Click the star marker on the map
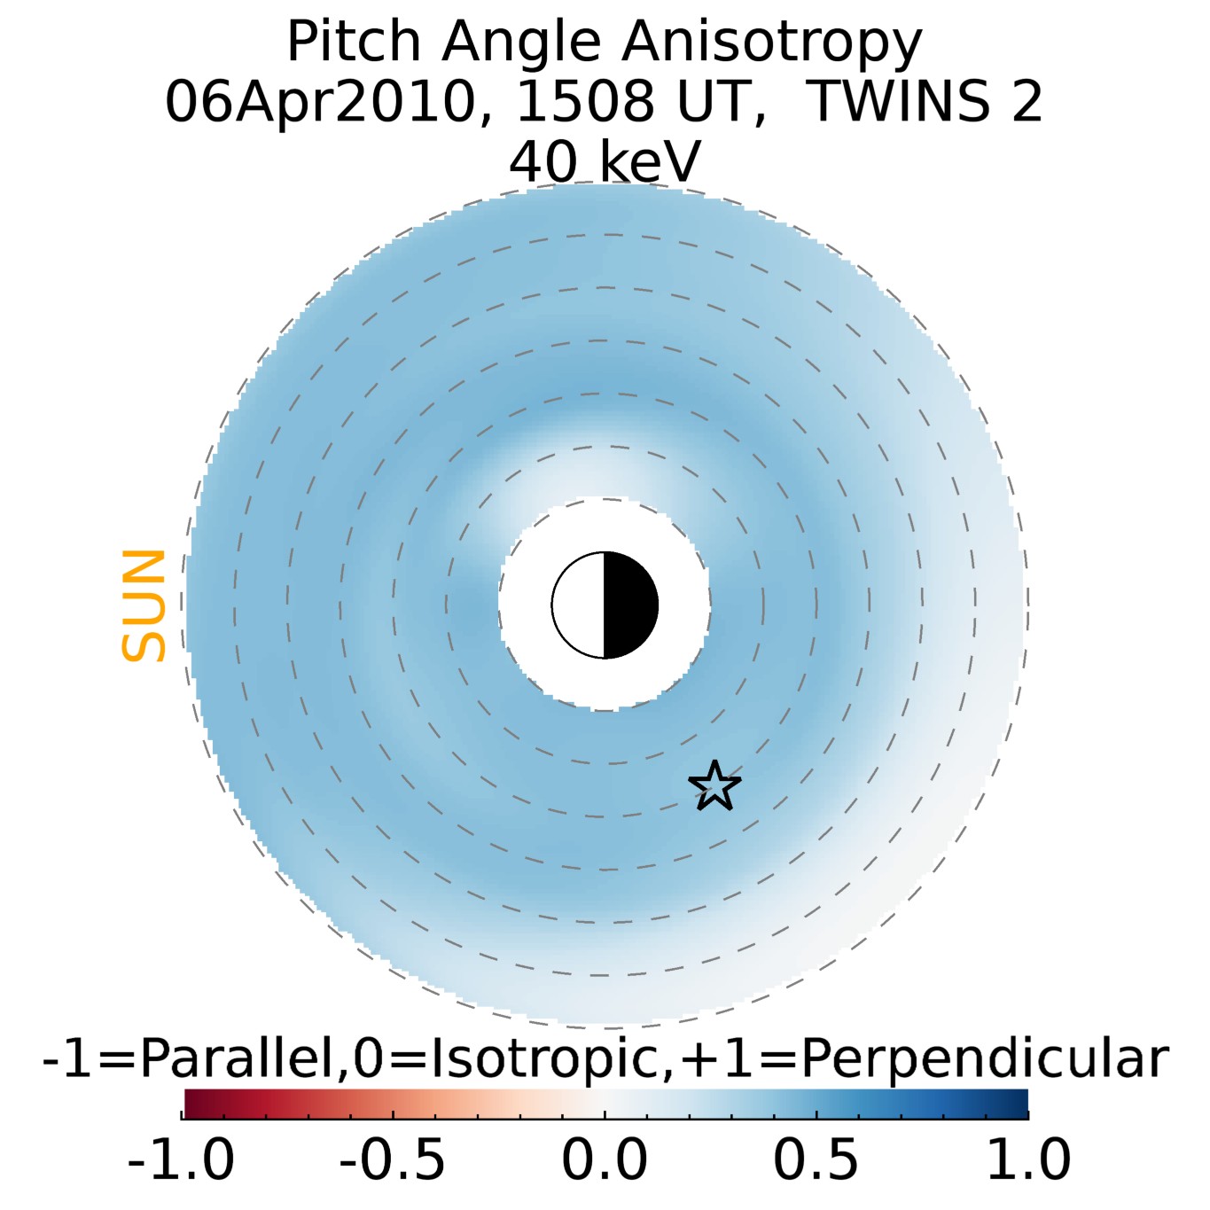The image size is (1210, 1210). tap(714, 786)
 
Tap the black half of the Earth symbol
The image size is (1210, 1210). tap(630, 605)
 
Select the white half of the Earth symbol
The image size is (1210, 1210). tap(579, 605)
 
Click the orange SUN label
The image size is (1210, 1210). tap(144, 605)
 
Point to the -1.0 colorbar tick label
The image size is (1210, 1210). tap(181, 1159)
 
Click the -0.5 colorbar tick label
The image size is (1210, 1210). tap(393, 1159)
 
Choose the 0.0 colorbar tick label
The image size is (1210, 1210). tap(605, 1159)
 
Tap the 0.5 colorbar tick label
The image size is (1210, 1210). tap(816, 1159)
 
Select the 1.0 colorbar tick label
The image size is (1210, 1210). tap(1028, 1159)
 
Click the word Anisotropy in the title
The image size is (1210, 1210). tap(771, 42)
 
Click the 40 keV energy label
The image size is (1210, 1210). tap(605, 161)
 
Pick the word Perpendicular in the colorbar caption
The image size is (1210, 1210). tap(985, 1058)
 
